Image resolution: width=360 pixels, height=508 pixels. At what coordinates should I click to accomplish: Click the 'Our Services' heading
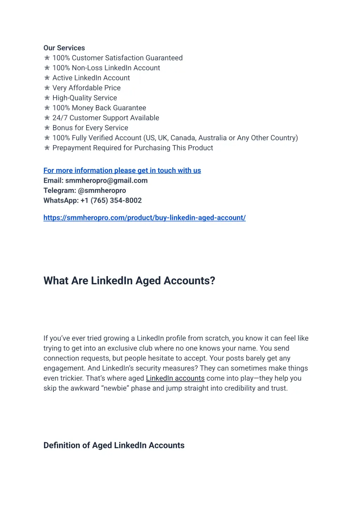click(x=64, y=48)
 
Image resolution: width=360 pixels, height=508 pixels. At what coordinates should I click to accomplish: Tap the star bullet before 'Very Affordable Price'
click(x=47, y=88)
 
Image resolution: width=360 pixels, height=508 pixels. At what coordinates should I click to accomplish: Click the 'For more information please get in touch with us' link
click(x=122, y=171)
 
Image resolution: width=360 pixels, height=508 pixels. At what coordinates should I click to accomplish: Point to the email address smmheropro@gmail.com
click(x=106, y=181)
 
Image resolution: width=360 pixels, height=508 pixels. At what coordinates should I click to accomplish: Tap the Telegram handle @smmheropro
click(x=102, y=191)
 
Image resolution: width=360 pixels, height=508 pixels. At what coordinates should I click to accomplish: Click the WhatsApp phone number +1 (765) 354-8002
click(x=111, y=201)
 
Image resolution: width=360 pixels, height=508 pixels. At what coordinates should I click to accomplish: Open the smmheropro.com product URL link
click(x=144, y=218)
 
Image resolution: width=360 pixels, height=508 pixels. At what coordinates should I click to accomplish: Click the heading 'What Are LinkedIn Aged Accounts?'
click(x=129, y=281)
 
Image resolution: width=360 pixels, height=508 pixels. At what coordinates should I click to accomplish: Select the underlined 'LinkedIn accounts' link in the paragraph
click(x=175, y=378)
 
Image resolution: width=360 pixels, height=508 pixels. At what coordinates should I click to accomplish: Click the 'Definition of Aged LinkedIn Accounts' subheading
click(x=114, y=445)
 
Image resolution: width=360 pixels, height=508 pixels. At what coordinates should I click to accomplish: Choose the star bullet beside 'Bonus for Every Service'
click(x=47, y=128)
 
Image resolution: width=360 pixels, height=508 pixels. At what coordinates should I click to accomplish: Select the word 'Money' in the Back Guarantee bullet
click(x=83, y=108)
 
